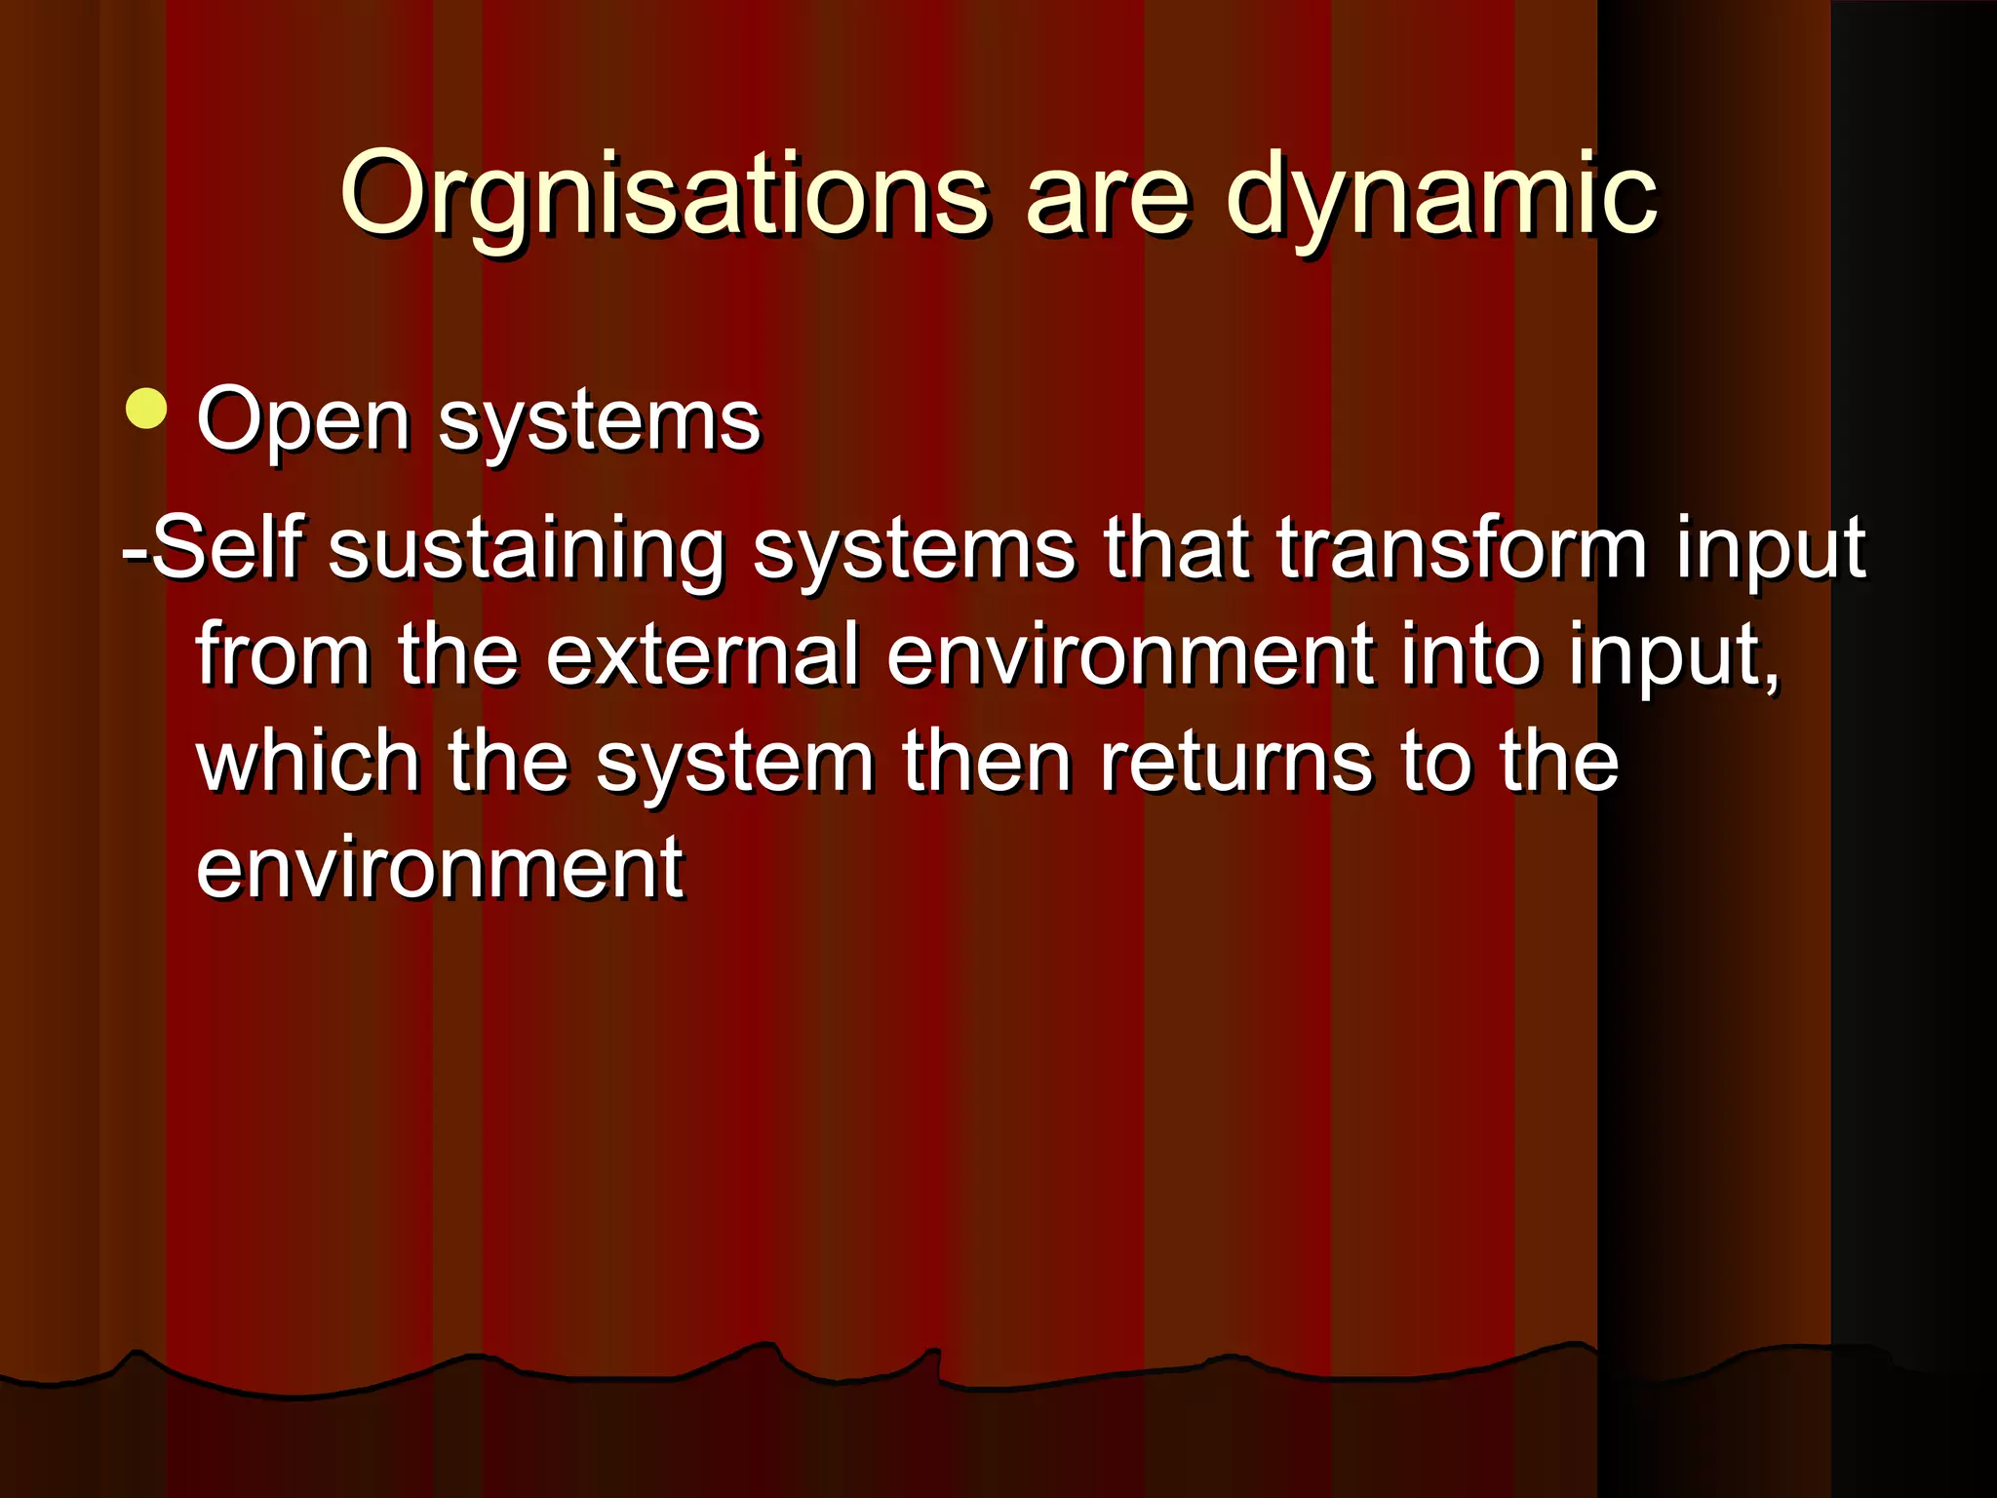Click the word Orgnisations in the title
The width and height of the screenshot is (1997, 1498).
point(664,195)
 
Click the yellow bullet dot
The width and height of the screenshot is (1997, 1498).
point(146,409)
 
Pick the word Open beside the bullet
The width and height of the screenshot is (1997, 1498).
point(303,421)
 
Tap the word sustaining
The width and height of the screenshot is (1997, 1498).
point(527,551)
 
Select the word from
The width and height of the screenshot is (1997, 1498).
point(283,654)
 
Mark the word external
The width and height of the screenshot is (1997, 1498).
point(702,654)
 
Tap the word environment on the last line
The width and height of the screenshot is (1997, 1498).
point(440,868)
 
